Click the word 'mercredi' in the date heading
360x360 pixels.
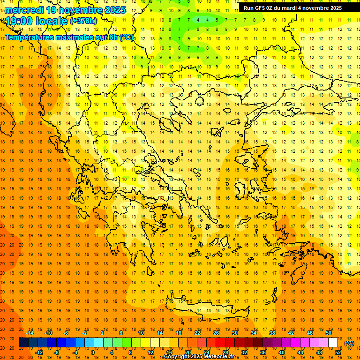(23, 10)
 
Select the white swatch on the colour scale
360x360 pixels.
(333, 343)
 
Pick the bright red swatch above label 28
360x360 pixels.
(220, 343)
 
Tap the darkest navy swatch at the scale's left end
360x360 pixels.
(23, 343)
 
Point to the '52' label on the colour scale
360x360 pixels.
(338, 352)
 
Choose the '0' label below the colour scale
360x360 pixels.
(92, 352)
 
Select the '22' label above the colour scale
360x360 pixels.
(197, 333)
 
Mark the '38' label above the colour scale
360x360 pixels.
(272, 333)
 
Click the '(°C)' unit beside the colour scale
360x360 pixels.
(349, 343)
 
